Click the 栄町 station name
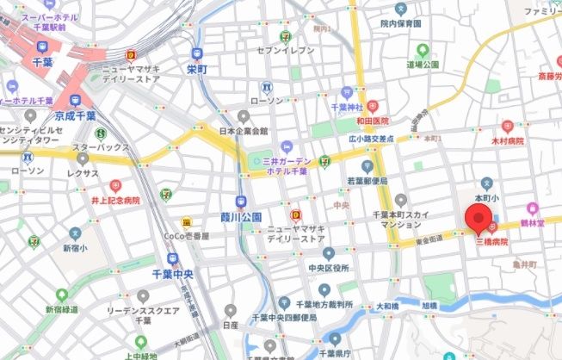(x=197, y=69)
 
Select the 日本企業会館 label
(x=244, y=131)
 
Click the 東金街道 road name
(x=430, y=241)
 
